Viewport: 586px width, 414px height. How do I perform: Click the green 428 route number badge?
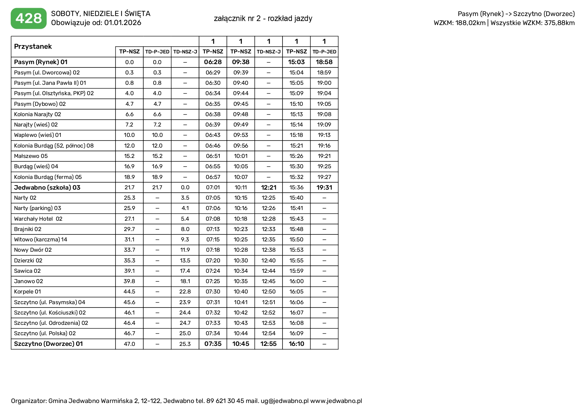(29, 18)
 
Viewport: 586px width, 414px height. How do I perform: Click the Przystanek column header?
(33, 46)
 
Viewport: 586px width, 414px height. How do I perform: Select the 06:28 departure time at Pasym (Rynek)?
(213, 62)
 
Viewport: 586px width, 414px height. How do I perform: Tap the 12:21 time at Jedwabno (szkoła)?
(268, 188)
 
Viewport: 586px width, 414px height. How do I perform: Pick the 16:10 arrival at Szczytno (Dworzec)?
(296, 344)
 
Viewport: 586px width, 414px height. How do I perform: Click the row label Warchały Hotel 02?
(38, 219)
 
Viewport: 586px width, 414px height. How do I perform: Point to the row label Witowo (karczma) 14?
(40, 239)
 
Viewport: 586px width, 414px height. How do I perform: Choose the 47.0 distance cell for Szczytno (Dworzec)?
(129, 344)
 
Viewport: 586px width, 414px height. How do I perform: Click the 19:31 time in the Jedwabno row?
(324, 188)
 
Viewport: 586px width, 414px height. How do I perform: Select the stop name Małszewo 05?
(31, 156)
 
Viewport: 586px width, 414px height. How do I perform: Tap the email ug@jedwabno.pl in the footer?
(284, 401)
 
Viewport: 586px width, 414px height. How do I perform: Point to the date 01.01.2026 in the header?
(123, 23)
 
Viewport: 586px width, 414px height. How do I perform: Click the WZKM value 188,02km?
(470, 23)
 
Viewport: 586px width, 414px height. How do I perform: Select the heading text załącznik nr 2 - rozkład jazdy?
(263, 18)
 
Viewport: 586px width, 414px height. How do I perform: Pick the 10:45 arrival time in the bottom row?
(241, 344)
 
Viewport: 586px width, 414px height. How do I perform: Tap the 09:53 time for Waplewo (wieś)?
(241, 135)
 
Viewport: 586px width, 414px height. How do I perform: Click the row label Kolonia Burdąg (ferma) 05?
(48, 177)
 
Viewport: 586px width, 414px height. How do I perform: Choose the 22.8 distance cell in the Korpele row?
(185, 291)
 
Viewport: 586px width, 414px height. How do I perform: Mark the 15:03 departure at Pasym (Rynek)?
(296, 62)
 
